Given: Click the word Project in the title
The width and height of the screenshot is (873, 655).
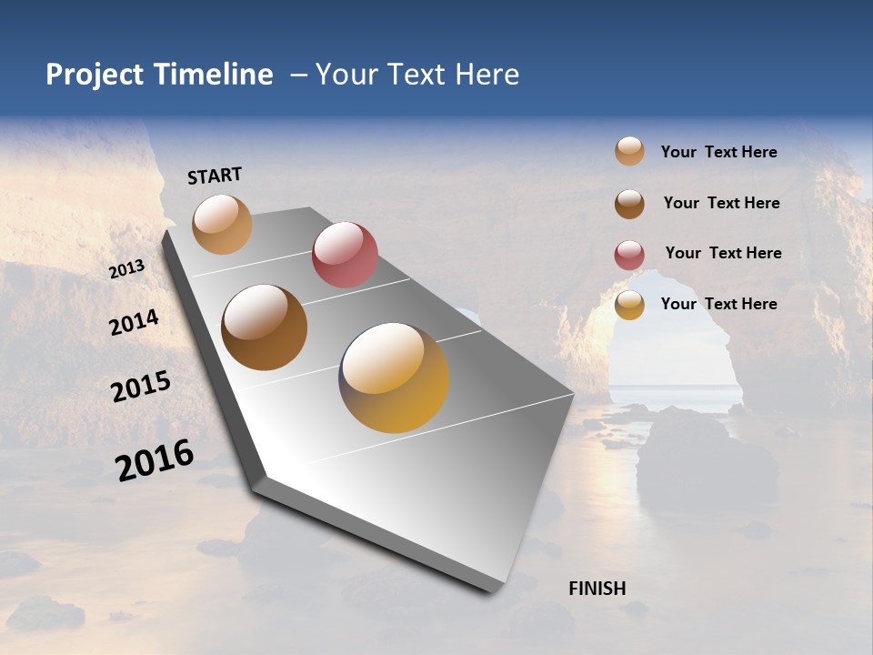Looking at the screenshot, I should pos(95,75).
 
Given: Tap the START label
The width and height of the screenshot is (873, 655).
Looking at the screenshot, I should pos(215,176).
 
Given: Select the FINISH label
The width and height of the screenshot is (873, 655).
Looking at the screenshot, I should pos(597,589).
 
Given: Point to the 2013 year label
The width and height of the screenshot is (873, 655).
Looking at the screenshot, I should pos(126,269).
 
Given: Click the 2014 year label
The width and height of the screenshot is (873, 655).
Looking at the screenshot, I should pos(134,322).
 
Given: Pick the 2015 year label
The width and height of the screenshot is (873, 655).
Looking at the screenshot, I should pos(141,387).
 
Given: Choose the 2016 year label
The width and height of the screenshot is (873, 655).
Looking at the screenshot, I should pos(155,460).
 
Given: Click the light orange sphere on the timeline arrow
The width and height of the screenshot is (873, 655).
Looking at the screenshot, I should pos(222,224).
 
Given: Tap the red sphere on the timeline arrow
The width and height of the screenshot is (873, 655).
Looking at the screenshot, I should pos(345,255).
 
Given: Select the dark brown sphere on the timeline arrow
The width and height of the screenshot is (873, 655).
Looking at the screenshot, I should pos(265,327).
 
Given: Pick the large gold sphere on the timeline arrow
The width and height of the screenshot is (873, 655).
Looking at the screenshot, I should pos(394,378).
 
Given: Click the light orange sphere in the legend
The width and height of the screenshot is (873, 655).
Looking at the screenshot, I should pos(629,152).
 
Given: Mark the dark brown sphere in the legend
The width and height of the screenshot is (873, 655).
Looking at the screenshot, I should pos(629,204).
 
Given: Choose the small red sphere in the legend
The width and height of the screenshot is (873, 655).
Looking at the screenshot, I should pos(629,255).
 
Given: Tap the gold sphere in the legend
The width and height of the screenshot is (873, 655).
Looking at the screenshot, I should pos(629,305).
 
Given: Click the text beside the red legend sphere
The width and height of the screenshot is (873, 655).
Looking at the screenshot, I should pos(723,253).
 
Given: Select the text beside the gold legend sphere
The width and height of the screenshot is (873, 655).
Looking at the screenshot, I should pos(718,304).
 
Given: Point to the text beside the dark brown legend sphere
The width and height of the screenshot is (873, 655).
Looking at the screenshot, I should pos(721,203).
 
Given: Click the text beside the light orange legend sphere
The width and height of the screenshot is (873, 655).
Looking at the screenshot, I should pos(718,152).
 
